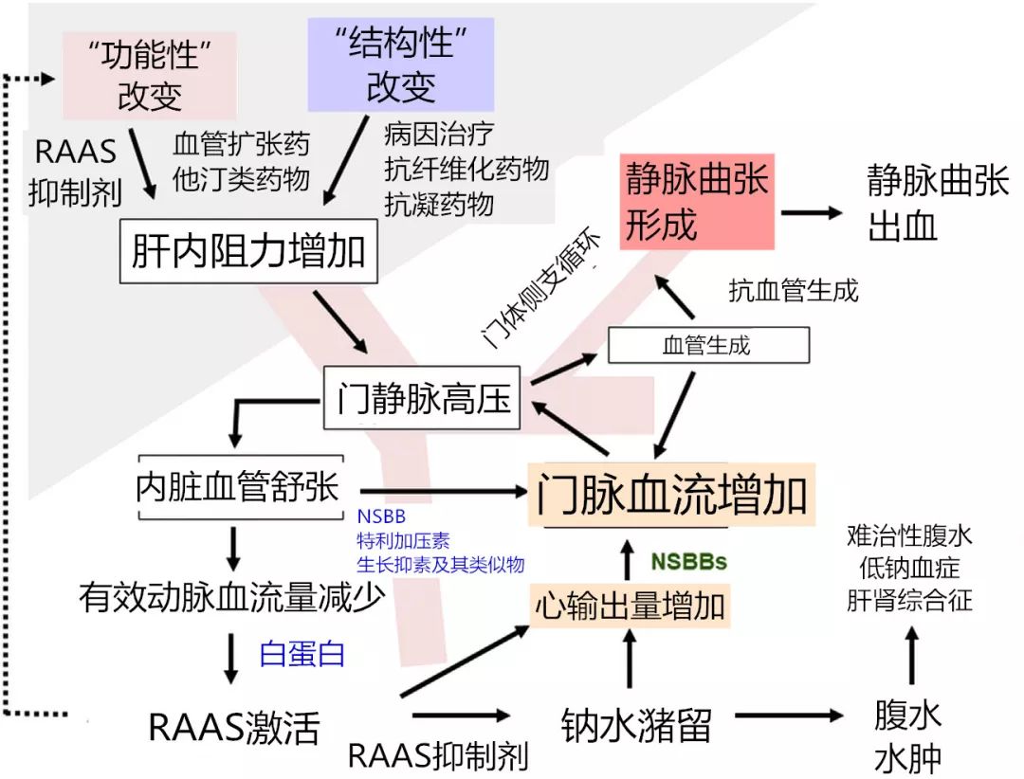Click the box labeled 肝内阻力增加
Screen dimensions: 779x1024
247,252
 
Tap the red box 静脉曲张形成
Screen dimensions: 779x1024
697,201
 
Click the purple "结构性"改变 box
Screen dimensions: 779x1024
401,64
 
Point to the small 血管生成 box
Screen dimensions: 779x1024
707,345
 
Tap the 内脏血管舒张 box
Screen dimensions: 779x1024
237,490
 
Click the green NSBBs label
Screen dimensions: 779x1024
688,561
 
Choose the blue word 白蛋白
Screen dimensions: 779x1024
302,654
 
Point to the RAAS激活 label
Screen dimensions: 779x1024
234,727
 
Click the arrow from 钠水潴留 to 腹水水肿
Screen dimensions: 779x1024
787,716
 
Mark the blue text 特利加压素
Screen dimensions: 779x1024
403,539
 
